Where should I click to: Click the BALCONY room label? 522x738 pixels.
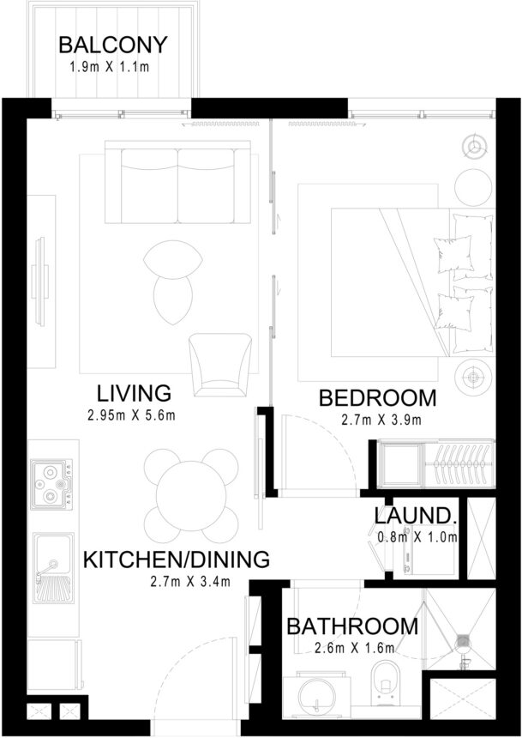(112, 45)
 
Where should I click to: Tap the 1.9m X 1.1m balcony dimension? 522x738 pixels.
(112, 67)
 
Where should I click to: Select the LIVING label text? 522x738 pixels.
(134, 394)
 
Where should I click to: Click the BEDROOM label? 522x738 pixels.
(377, 399)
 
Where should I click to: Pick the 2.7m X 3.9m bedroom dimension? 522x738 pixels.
(377, 420)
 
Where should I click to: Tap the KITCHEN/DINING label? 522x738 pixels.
(176, 560)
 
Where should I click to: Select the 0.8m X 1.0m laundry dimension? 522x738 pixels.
(417, 538)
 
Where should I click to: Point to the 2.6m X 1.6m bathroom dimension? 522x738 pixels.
(353, 648)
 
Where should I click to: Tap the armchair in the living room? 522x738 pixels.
(220, 364)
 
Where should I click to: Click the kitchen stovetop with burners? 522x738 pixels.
(51, 483)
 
